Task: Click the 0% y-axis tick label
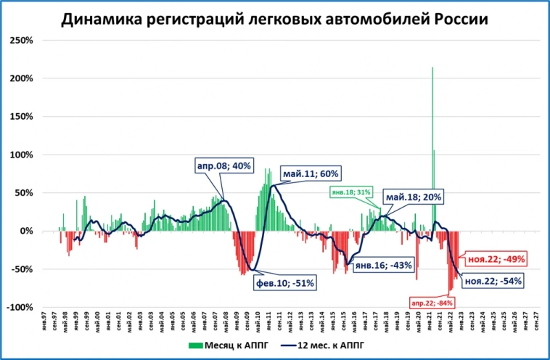coord(28,231)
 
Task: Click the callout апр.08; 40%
coord(223,166)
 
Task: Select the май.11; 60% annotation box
coord(311,174)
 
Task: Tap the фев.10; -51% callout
coord(284,283)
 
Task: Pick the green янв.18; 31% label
coord(350,192)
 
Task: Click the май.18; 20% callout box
coord(414,197)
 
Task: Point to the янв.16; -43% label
coord(383,266)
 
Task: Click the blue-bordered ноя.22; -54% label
coord(493,281)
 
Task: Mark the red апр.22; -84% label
coord(432,302)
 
